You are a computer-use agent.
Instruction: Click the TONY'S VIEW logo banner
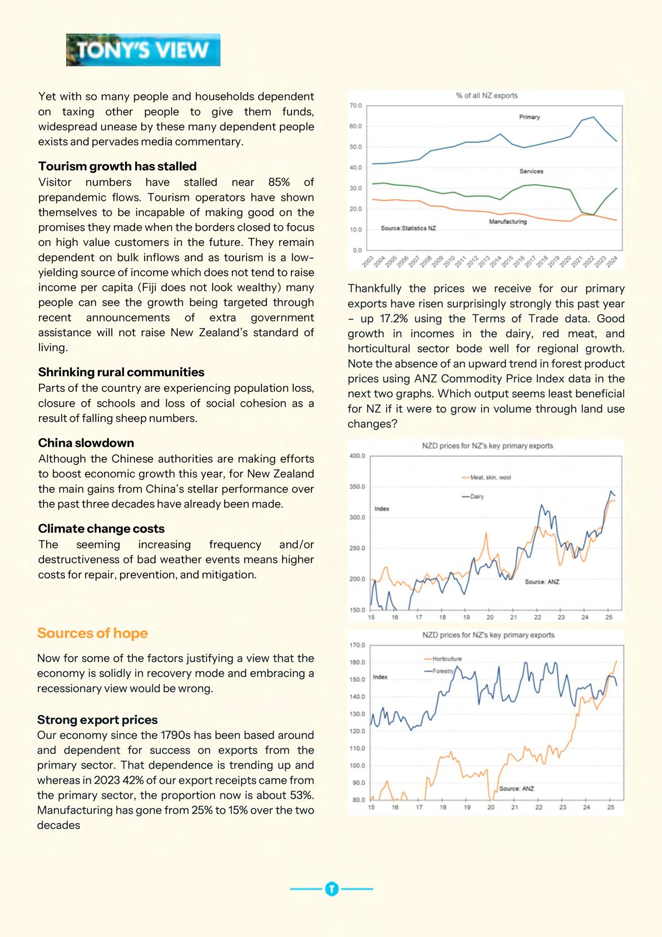coord(143,50)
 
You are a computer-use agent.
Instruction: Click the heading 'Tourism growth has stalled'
coord(117,166)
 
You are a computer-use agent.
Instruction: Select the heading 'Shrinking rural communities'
coord(121,372)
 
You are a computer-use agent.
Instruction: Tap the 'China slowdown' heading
coord(86,443)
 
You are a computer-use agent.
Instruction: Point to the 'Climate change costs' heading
coord(101,529)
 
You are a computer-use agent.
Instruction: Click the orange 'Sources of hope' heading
coord(92,633)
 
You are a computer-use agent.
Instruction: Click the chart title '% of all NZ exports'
coord(487,96)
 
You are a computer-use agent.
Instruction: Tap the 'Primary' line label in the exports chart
coord(529,117)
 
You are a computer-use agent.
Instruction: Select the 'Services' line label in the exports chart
coord(531,171)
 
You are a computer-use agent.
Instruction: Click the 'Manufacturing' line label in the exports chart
coord(507,221)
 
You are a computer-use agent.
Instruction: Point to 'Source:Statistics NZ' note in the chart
coord(408,229)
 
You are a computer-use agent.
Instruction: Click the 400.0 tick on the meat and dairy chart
coord(357,456)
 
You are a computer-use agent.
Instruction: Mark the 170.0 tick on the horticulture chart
coord(357,645)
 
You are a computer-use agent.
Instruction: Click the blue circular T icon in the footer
coord(332,889)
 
